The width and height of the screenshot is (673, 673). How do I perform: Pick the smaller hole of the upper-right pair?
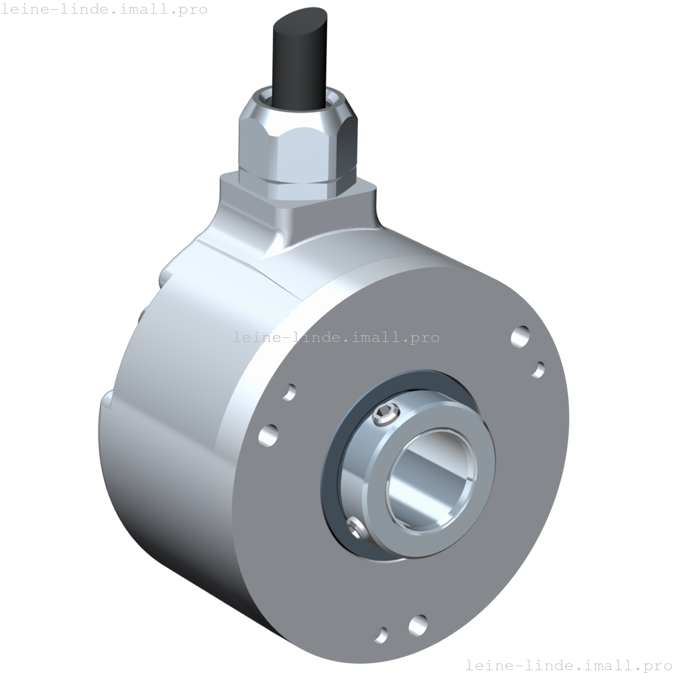[x=538, y=369]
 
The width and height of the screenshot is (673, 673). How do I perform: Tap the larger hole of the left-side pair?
[x=268, y=435]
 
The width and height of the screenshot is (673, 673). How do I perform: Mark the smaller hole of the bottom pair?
[x=382, y=634]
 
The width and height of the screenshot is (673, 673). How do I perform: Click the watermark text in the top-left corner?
[x=104, y=9]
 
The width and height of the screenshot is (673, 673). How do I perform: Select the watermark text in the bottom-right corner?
[x=569, y=664]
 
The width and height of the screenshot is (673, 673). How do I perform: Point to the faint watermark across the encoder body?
[x=336, y=337]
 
